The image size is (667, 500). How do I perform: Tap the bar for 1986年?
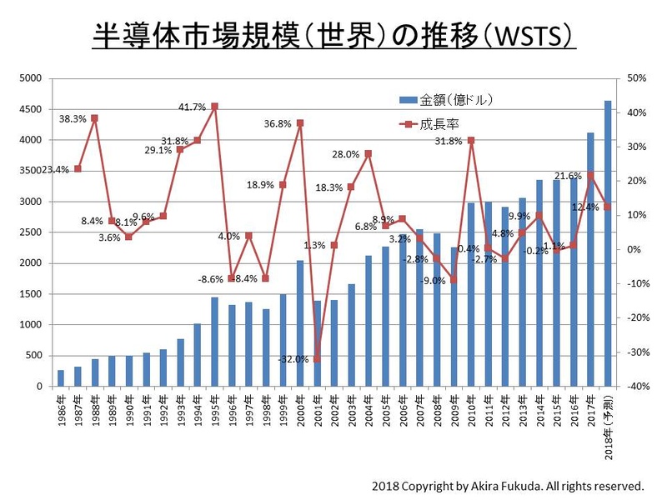[61, 378]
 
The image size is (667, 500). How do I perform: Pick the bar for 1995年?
[214, 342]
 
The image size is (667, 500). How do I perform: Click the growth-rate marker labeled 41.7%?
[214, 107]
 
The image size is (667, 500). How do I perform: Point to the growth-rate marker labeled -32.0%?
[317, 359]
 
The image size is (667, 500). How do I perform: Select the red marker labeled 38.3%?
[95, 118]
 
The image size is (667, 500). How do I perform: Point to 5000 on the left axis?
[31, 78]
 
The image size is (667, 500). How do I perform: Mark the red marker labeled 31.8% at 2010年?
[471, 140]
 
